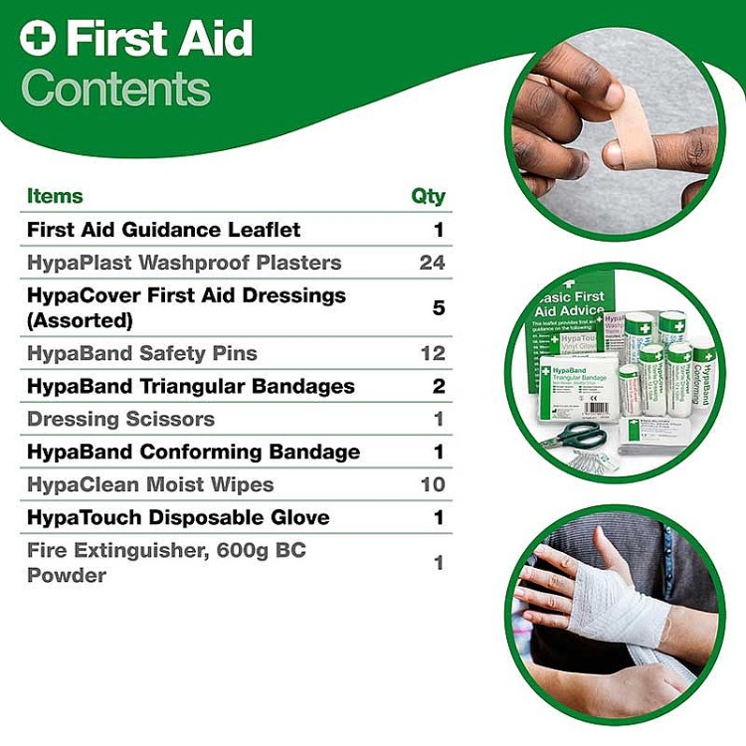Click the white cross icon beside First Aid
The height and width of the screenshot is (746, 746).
pyautogui.click(x=39, y=41)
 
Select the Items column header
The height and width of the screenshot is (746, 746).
pyautogui.click(x=55, y=196)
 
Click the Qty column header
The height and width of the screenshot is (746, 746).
pyautogui.click(x=428, y=196)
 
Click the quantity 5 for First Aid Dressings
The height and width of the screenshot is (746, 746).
pyautogui.click(x=439, y=307)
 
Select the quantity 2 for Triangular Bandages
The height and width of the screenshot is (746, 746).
pyautogui.click(x=439, y=386)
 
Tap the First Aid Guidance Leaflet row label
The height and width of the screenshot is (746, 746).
pyautogui.click(x=163, y=230)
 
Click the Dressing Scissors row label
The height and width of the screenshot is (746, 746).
pyautogui.click(x=120, y=419)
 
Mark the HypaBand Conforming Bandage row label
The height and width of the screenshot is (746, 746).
pyautogui.click(x=193, y=452)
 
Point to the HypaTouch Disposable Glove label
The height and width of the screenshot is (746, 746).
pyautogui.click(x=178, y=517)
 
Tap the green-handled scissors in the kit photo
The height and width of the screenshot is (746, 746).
pyautogui.click(x=573, y=436)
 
